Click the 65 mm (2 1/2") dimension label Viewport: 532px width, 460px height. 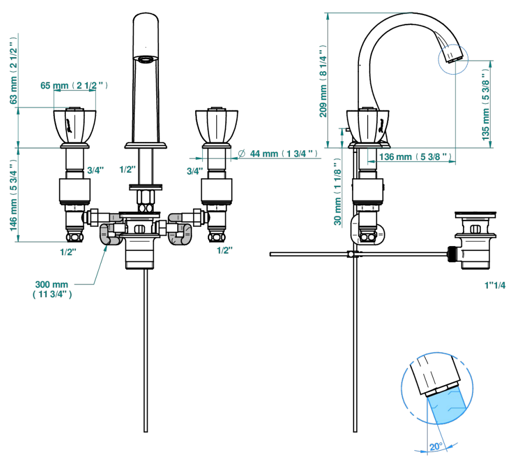(74, 86)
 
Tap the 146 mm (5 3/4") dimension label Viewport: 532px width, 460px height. (13, 196)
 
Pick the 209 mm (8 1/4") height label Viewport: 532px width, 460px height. (323, 81)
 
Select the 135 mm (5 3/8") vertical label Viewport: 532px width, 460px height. (486, 104)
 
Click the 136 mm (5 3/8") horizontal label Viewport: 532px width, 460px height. (415, 157)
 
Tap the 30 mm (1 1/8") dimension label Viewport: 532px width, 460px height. (337, 192)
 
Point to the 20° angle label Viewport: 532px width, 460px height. (436, 447)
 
